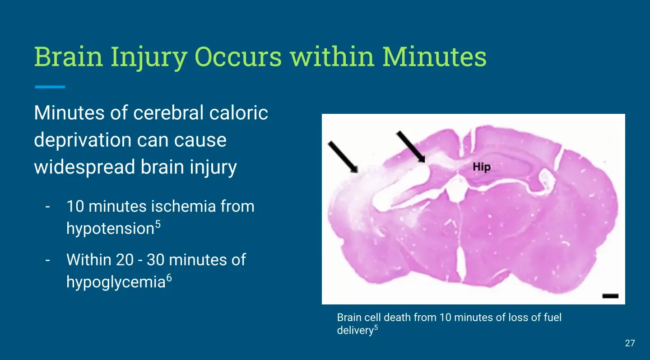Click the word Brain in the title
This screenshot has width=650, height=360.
coord(69,56)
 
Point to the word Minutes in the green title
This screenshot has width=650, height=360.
coord(434,56)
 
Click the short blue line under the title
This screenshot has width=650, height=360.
coord(50,87)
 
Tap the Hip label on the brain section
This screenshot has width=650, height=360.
coord(482,167)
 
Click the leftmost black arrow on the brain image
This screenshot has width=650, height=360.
coord(343,157)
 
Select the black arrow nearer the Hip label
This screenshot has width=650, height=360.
coord(411,147)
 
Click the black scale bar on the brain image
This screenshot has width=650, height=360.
coord(611,296)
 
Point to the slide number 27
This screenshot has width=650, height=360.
coord(630,343)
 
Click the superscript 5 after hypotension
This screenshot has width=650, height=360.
coord(158,224)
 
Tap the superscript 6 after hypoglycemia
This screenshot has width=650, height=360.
coord(169,278)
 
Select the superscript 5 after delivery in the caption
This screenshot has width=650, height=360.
coord(376,327)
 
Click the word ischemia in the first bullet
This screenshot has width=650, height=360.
coord(183,206)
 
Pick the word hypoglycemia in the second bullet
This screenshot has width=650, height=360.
coord(116,282)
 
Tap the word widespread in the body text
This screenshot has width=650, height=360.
coord(84,168)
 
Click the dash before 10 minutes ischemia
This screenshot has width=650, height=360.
coord(48,207)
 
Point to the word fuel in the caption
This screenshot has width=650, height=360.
coord(552,318)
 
